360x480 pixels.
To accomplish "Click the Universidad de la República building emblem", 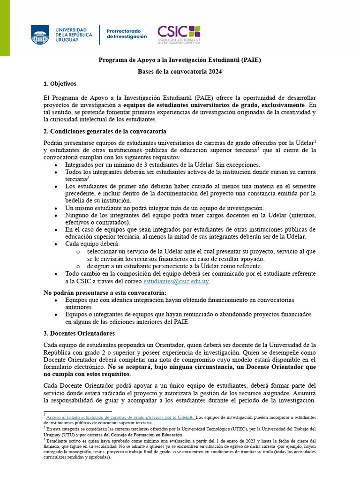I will coord(40,35).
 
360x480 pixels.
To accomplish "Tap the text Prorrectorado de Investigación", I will coord(127,33).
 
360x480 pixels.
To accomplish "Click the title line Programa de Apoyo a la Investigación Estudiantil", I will coord(180,60).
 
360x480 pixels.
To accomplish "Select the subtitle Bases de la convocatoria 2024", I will coord(180,72).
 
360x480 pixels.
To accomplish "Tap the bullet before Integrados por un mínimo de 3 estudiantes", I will coord(56,165).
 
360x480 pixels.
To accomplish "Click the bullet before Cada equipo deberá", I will coord(56,244).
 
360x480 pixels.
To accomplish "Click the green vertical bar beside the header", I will coord(5,28).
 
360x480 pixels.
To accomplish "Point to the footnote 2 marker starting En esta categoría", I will coord(45,427).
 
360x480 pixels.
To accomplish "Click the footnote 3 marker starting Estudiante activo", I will coord(45,440).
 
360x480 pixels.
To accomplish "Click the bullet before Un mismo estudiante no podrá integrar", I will coord(56,208).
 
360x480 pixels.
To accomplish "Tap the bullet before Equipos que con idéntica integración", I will coord(56,300).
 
